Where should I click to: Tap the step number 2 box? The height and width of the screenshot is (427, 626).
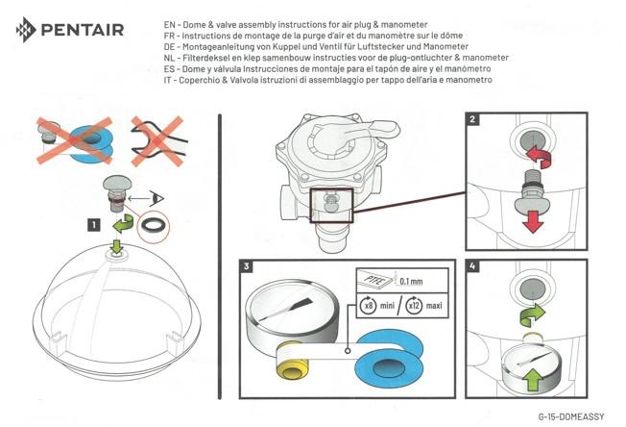[472, 120]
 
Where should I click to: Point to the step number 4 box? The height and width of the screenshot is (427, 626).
[472, 266]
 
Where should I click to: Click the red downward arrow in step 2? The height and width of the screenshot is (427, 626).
[532, 220]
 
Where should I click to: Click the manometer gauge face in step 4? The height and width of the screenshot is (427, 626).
[528, 363]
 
